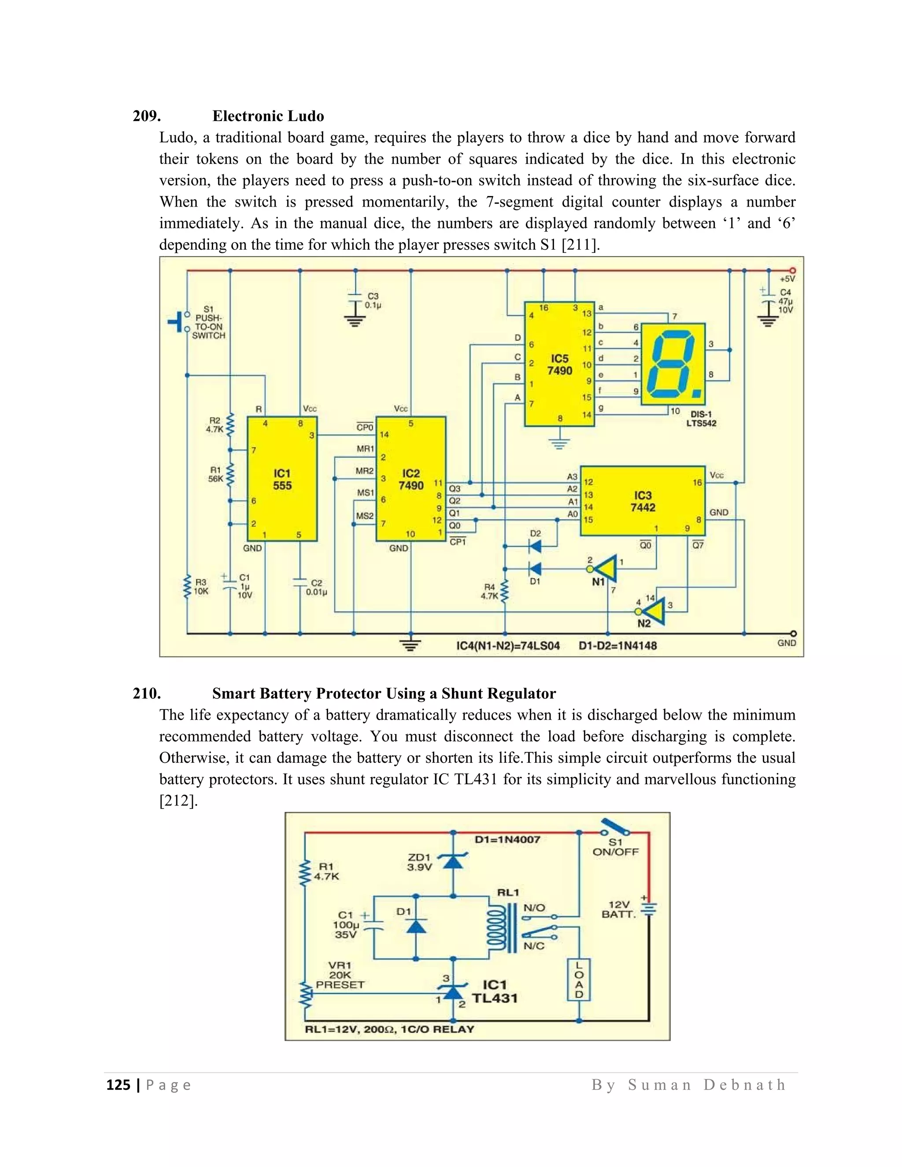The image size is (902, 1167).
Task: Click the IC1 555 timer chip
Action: coord(282,479)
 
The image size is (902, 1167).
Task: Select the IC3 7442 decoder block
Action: coord(643,501)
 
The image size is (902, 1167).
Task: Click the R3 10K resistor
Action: coord(188,587)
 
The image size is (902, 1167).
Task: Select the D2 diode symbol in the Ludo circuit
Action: coord(534,546)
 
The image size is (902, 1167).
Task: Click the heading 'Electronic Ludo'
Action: coord(268,116)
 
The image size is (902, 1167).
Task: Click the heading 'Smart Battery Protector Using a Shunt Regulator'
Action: coord(384,693)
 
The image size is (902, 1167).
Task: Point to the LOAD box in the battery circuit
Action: coord(579,979)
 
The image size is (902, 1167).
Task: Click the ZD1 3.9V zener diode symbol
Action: coord(453,860)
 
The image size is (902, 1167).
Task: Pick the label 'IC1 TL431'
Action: coord(494,992)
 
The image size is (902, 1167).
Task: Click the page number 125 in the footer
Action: coord(118,1085)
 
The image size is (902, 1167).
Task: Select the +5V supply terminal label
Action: coord(787,279)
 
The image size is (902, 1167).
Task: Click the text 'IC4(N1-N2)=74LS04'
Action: coord(508,646)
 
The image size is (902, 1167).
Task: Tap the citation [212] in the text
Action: coord(178,801)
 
